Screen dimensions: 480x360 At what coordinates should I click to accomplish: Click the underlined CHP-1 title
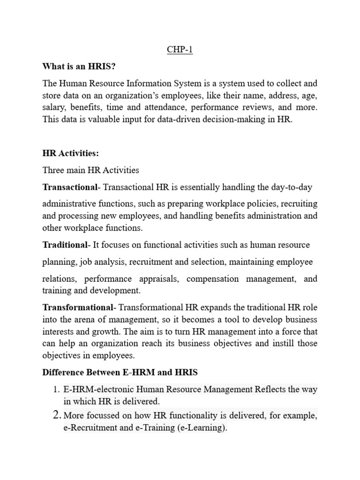pos(180,50)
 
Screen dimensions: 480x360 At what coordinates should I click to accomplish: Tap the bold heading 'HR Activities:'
pos(71,153)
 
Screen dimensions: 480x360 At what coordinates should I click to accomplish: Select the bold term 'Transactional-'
pos(72,187)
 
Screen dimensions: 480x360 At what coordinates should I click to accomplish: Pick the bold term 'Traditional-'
pos(66,245)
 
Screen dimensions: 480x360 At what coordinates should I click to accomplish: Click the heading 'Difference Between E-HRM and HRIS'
pos(120,373)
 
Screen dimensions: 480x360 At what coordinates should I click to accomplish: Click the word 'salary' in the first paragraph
pos(54,107)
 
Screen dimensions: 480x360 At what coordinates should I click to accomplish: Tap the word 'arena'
pos(85,319)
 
